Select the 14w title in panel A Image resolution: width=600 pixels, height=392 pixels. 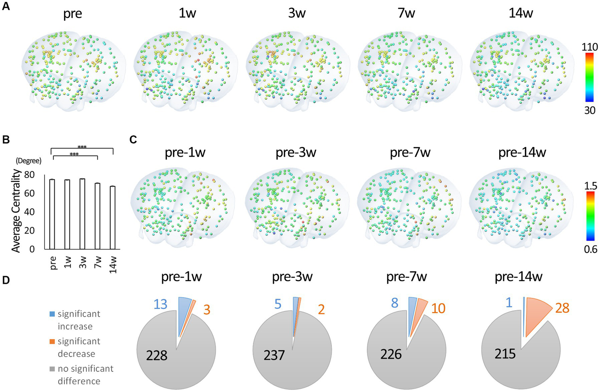pyautogui.click(x=520, y=13)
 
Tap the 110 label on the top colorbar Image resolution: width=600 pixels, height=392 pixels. pyautogui.click(x=589, y=47)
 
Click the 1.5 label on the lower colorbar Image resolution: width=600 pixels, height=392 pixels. pyautogui.click(x=590, y=185)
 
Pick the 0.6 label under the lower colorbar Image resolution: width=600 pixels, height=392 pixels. pyautogui.click(x=590, y=249)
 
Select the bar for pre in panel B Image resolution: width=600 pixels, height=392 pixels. pyautogui.click(x=52, y=214)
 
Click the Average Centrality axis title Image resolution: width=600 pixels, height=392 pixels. pyautogui.click(x=16, y=210)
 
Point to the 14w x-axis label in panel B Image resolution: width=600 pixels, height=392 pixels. pyautogui.click(x=113, y=264)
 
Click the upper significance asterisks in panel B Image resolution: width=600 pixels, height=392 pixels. pyautogui.click(x=82, y=147)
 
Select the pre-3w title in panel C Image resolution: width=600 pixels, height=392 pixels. pyautogui.click(x=296, y=152)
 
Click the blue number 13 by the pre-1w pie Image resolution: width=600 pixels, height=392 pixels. pyautogui.click(x=161, y=304)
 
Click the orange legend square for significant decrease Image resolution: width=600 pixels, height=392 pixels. pyautogui.click(x=52, y=342)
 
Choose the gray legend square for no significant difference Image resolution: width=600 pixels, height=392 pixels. pyautogui.click(x=52, y=369)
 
